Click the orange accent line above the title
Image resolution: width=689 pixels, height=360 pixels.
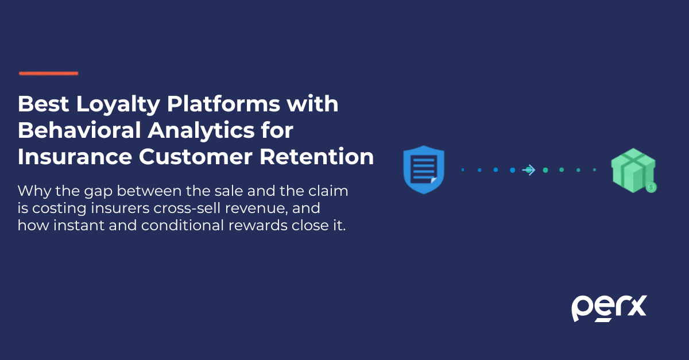[49, 73]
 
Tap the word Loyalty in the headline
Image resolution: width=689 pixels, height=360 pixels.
[118, 104]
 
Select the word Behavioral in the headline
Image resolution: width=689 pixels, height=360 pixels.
[79, 130]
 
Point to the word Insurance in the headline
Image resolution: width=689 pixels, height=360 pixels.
[75, 157]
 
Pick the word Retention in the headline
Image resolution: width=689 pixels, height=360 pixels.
[317, 157]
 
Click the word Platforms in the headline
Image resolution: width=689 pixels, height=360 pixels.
[223, 104]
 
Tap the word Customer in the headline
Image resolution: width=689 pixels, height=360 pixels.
[196, 157]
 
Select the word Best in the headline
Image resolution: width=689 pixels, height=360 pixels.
[44, 104]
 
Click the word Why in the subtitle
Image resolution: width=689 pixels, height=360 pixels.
[34, 191]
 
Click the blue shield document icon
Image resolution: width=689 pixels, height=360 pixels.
[424, 169]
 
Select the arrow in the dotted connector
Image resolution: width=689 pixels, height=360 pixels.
[529, 170]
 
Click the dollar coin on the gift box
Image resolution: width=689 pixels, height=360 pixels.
[651, 187]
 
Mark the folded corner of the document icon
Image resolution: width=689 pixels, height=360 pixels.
[433, 180]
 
